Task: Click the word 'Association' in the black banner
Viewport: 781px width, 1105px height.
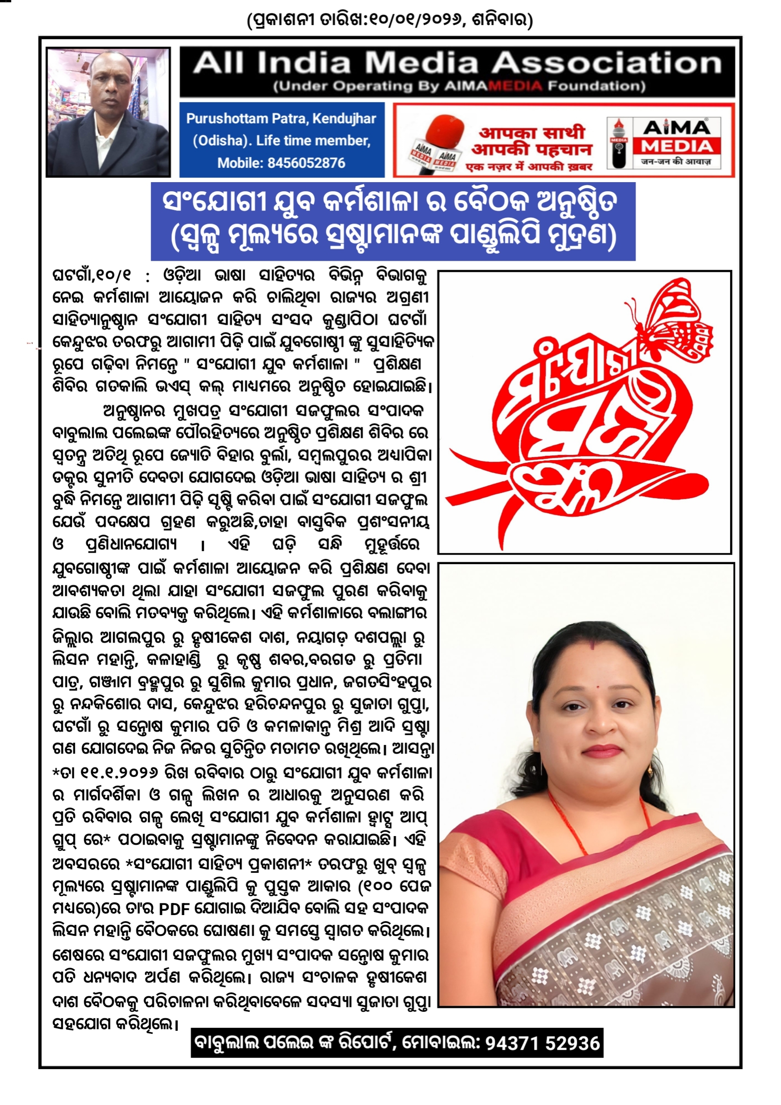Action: (x=606, y=63)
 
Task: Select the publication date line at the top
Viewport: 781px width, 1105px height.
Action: (x=390, y=20)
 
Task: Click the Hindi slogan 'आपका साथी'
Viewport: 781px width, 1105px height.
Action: (x=531, y=133)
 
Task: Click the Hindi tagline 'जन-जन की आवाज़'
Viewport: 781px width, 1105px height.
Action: (x=676, y=162)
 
